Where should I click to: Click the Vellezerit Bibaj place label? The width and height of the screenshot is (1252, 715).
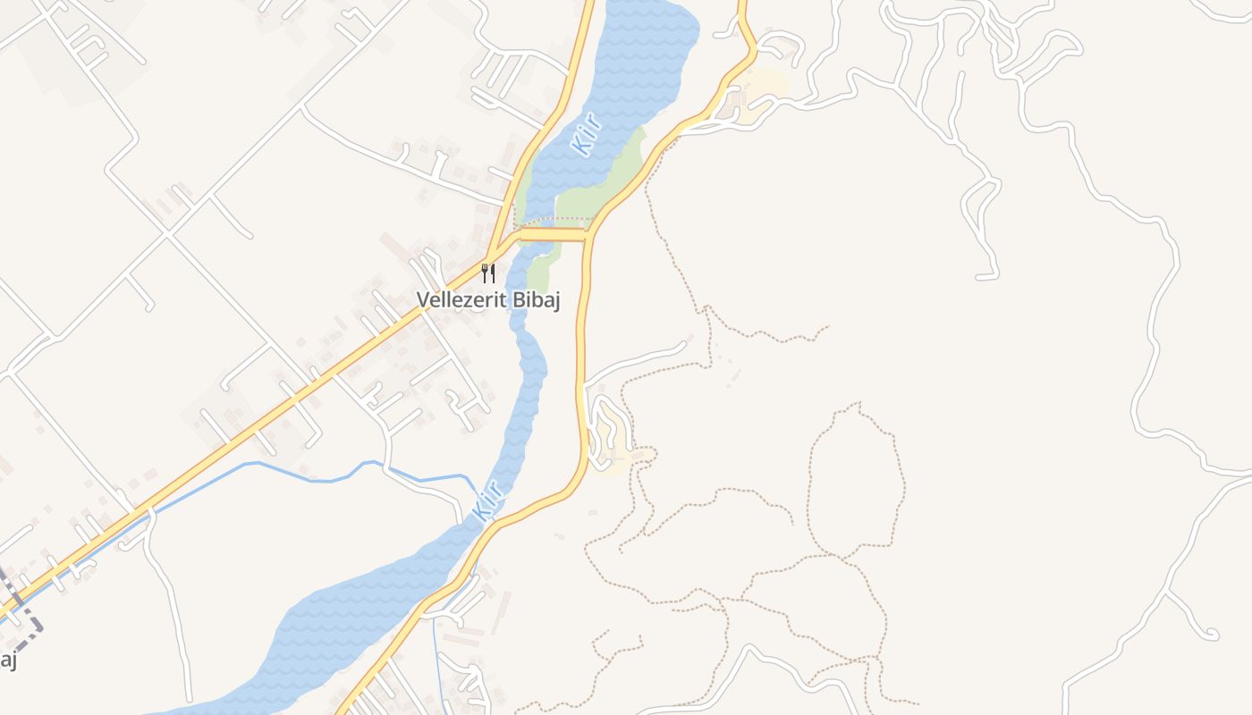(488, 300)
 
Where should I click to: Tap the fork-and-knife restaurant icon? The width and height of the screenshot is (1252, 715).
(488, 273)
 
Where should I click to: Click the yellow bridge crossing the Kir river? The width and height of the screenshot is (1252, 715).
(552, 235)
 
